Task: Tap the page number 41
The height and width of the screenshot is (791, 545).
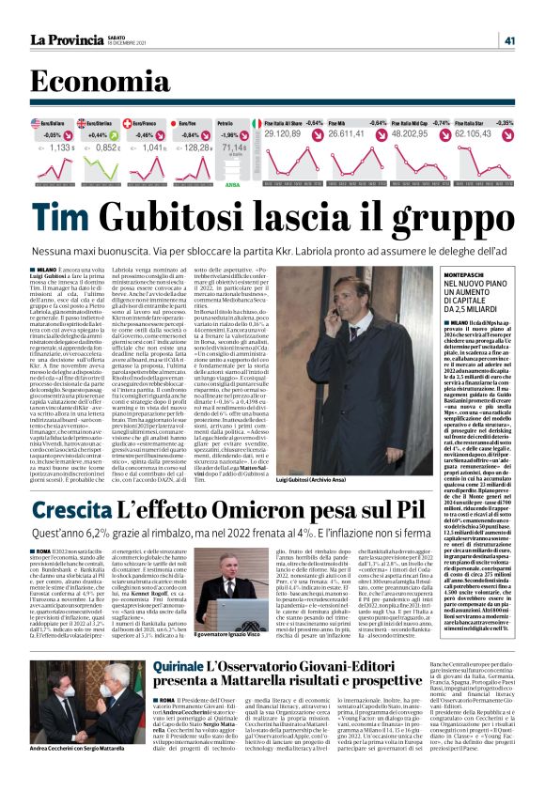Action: [509, 40]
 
